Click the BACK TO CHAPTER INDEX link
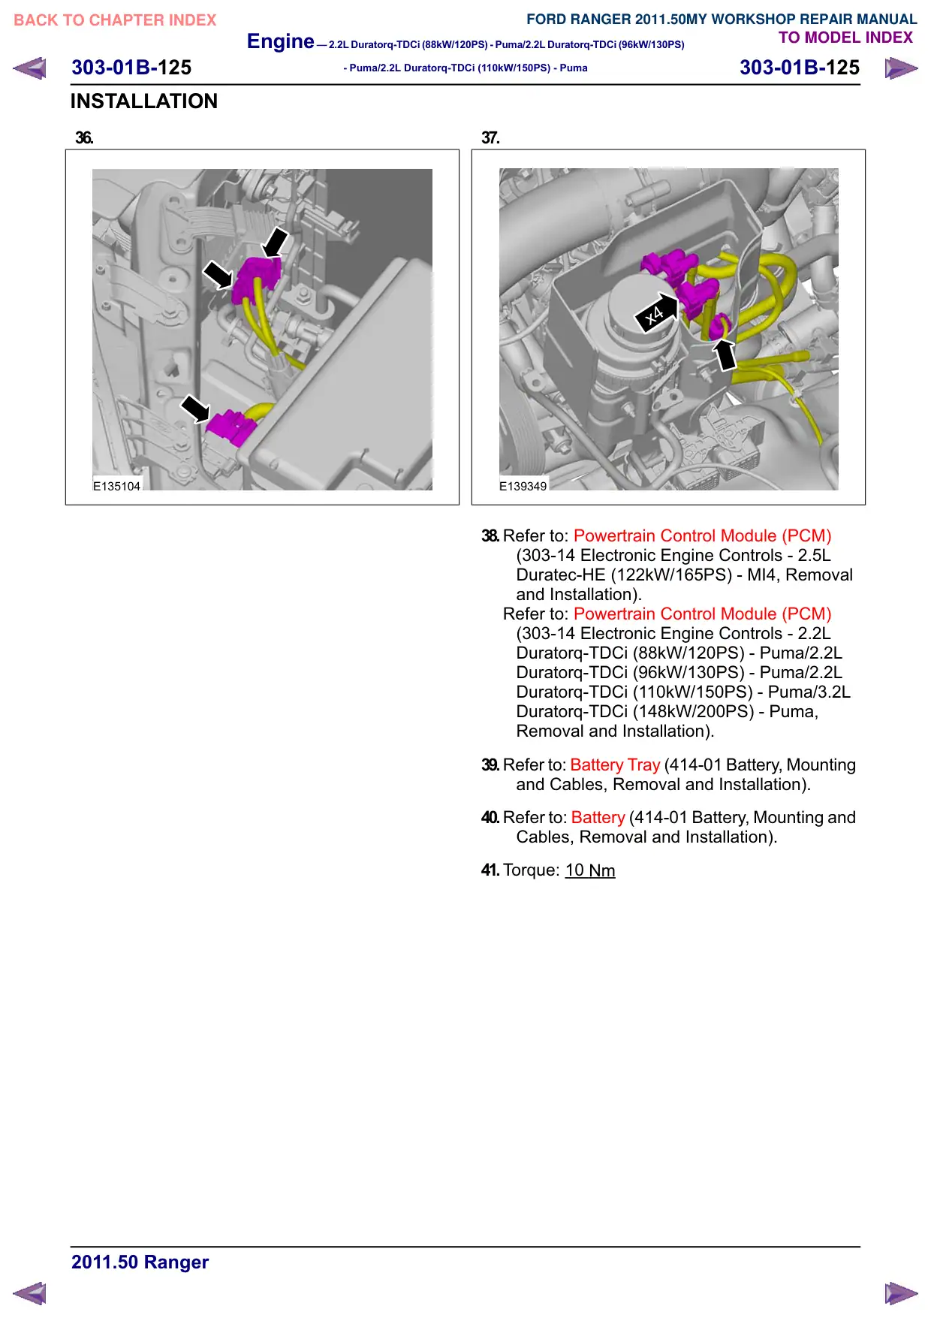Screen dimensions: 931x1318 115,20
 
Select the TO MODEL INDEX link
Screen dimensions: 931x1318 845,38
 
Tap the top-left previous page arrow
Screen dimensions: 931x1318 30,68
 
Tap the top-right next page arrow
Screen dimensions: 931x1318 901,68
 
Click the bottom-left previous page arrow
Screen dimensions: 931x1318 30,1293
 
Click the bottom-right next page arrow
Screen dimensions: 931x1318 901,1293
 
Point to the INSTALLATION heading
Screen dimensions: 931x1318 144,101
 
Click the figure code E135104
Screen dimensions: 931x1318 116,486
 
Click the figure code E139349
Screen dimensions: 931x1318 523,486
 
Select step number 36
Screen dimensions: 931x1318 84,137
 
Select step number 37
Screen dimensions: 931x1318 490,137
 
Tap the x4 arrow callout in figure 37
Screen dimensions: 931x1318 656,312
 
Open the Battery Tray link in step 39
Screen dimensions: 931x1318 615,765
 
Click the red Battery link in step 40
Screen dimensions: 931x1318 598,817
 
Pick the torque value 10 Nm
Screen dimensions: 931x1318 590,870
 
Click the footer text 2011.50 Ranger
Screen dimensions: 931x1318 140,1262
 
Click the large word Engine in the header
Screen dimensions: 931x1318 281,41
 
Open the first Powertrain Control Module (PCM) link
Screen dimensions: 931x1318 703,535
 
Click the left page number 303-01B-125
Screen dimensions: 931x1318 131,68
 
